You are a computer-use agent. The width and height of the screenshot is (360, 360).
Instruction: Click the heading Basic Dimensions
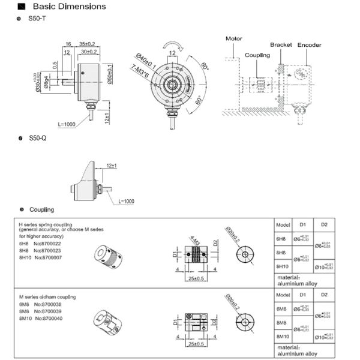click(68, 7)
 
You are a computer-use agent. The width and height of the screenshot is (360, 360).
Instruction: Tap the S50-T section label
click(37, 20)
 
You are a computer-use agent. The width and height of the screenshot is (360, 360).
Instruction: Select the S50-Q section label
click(37, 139)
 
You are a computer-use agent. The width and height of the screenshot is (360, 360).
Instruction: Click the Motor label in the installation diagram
click(234, 38)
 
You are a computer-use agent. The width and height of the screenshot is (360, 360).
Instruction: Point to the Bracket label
click(280, 45)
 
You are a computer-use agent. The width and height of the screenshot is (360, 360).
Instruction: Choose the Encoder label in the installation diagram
click(310, 45)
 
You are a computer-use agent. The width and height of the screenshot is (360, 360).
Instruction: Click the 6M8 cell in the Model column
click(282, 309)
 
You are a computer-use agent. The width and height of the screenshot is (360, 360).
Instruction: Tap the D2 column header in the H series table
click(324, 224)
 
